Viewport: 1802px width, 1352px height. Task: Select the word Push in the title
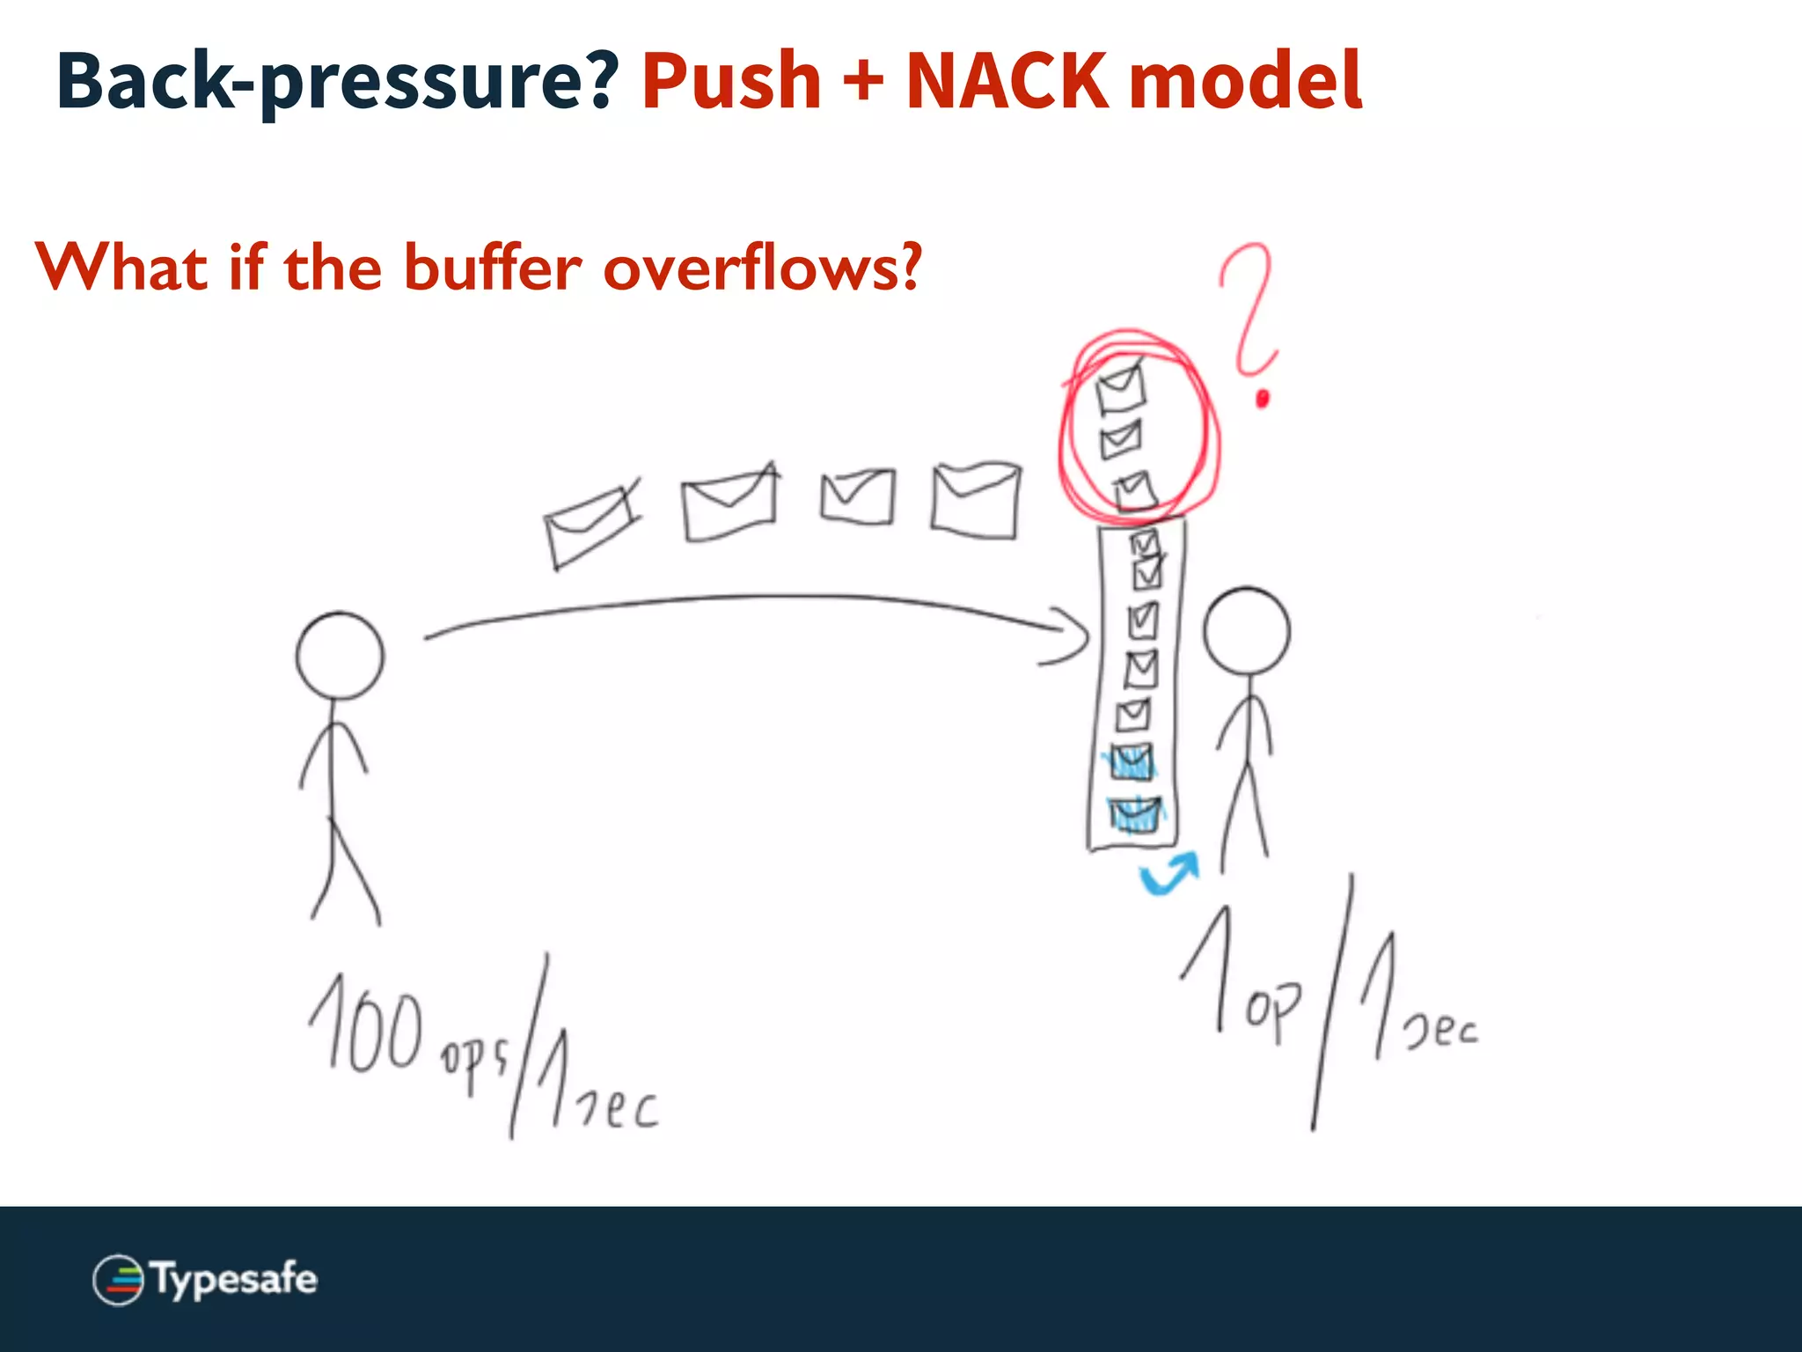[731, 81]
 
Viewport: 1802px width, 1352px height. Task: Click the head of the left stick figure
[340, 656]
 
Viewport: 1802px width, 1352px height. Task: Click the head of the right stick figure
[1246, 632]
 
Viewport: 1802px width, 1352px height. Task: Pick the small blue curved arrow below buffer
[1168, 873]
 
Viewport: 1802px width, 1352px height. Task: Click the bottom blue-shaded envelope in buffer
[1135, 815]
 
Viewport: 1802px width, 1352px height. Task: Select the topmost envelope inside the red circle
[1121, 388]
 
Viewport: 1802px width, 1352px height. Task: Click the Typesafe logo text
[234, 1280]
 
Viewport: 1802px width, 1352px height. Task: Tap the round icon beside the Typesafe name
[118, 1280]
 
